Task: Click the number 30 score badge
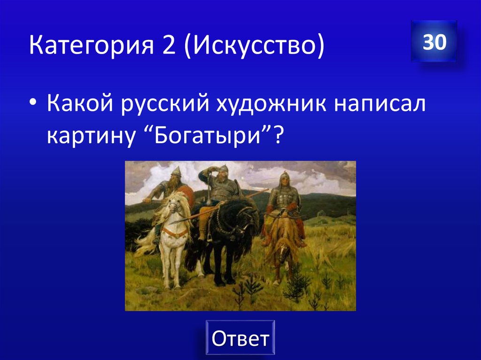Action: point(434,42)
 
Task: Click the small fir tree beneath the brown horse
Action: point(297,284)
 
